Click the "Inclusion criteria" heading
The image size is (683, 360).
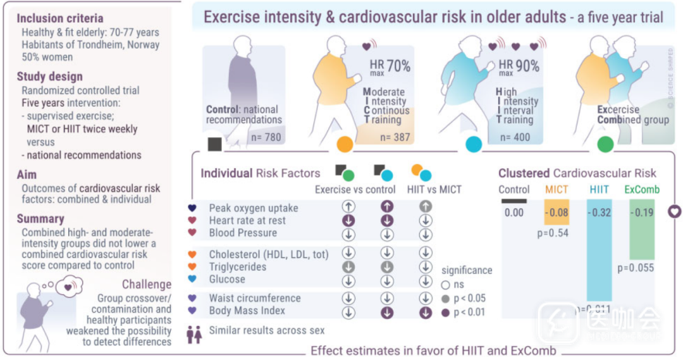pos(59,18)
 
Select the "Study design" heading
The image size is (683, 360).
pos(49,77)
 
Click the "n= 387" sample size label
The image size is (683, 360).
pos(395,137)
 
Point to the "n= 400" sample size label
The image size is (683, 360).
pos(515,137)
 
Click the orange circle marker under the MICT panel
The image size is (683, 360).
pos(345,145)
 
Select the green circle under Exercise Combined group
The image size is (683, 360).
pos(605,145)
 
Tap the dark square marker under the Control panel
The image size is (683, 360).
pos(215,145)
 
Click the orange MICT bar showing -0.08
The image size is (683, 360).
pos(557,212)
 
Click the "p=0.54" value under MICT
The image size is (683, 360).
pos(553,233)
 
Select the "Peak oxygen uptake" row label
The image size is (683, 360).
pos(254,208)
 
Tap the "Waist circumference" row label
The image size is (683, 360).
pos(255,298)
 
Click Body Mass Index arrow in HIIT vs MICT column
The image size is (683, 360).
pos(426,311)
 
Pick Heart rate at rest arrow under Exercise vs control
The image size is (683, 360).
pos(348,221)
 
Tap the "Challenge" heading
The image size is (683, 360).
pos(147,285)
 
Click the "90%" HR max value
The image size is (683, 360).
pos(526,66)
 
